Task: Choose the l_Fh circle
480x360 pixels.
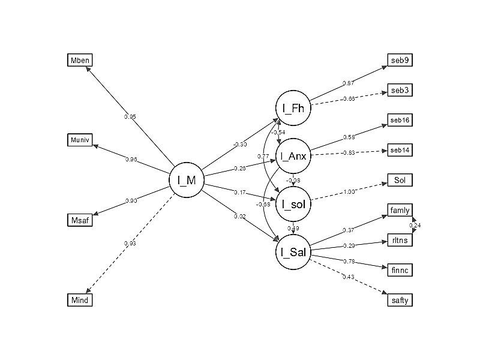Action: click(x=293, y=108)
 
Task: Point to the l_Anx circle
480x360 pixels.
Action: click(x=293, y=156)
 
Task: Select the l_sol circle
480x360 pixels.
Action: click(x=293, y=204)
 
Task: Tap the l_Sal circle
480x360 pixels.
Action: click(x=293, y=252)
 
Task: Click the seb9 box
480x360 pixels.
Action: click(x=400, y=60)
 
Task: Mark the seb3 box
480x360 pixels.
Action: click(x=400, y=90)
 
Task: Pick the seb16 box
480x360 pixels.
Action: click(x=400, y=120)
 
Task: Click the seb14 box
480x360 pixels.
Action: click(x=400, y=150)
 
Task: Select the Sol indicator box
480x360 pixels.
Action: click(x=400, y=180)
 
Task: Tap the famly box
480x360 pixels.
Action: click(x=400, y=210)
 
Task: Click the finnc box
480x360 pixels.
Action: click(x=400, y=270)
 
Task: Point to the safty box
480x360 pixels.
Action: click(x=400, y=300)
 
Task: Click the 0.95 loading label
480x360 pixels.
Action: click(x=130, y=116)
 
